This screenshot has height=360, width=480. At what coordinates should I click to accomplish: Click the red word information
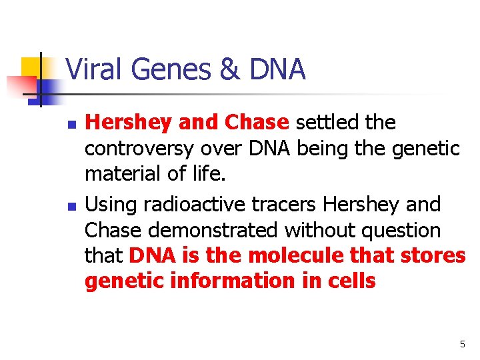click(x=219, y=281)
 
